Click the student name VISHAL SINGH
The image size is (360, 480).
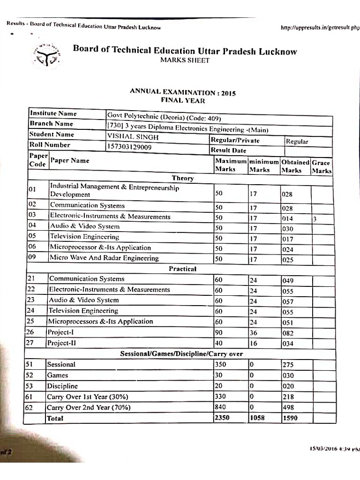[133, 137]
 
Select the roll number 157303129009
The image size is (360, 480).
[129, 147]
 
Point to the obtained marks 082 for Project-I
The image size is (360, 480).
[288, 333]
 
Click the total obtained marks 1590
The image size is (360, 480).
[290, 418]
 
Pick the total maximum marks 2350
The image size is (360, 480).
[222, 417]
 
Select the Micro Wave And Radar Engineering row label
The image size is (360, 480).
[104, 258]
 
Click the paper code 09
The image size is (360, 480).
[32, 257]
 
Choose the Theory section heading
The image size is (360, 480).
[183, 178]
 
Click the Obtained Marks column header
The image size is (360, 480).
[295, 166]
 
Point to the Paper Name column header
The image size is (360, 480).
[69, 160]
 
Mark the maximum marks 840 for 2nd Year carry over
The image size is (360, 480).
[220, 407]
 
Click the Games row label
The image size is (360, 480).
[57, 375]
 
